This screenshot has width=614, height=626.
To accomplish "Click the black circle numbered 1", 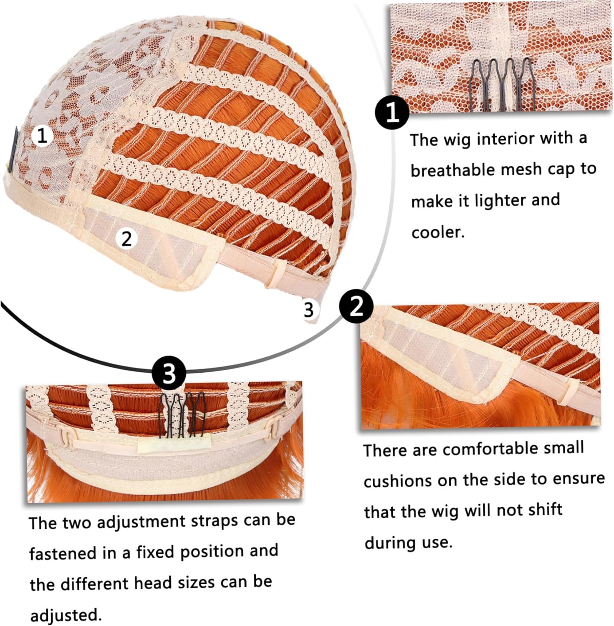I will pyautogui.click(x=392, y=112).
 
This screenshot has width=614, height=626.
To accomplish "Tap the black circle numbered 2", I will pyautogui.click(x=356, y=308).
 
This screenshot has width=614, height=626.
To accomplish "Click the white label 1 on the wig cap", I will pyautogui.click(x=42, y=136).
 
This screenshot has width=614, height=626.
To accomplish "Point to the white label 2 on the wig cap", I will pyautogui.click(x=126, y=238).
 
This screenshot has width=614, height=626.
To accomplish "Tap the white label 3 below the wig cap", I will pyautogui.click(x=308, y=310).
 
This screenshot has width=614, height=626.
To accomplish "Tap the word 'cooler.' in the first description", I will pyautogui.click(x=438, y=232).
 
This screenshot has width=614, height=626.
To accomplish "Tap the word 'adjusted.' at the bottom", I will pyautogui.click(x=66, y=615).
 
